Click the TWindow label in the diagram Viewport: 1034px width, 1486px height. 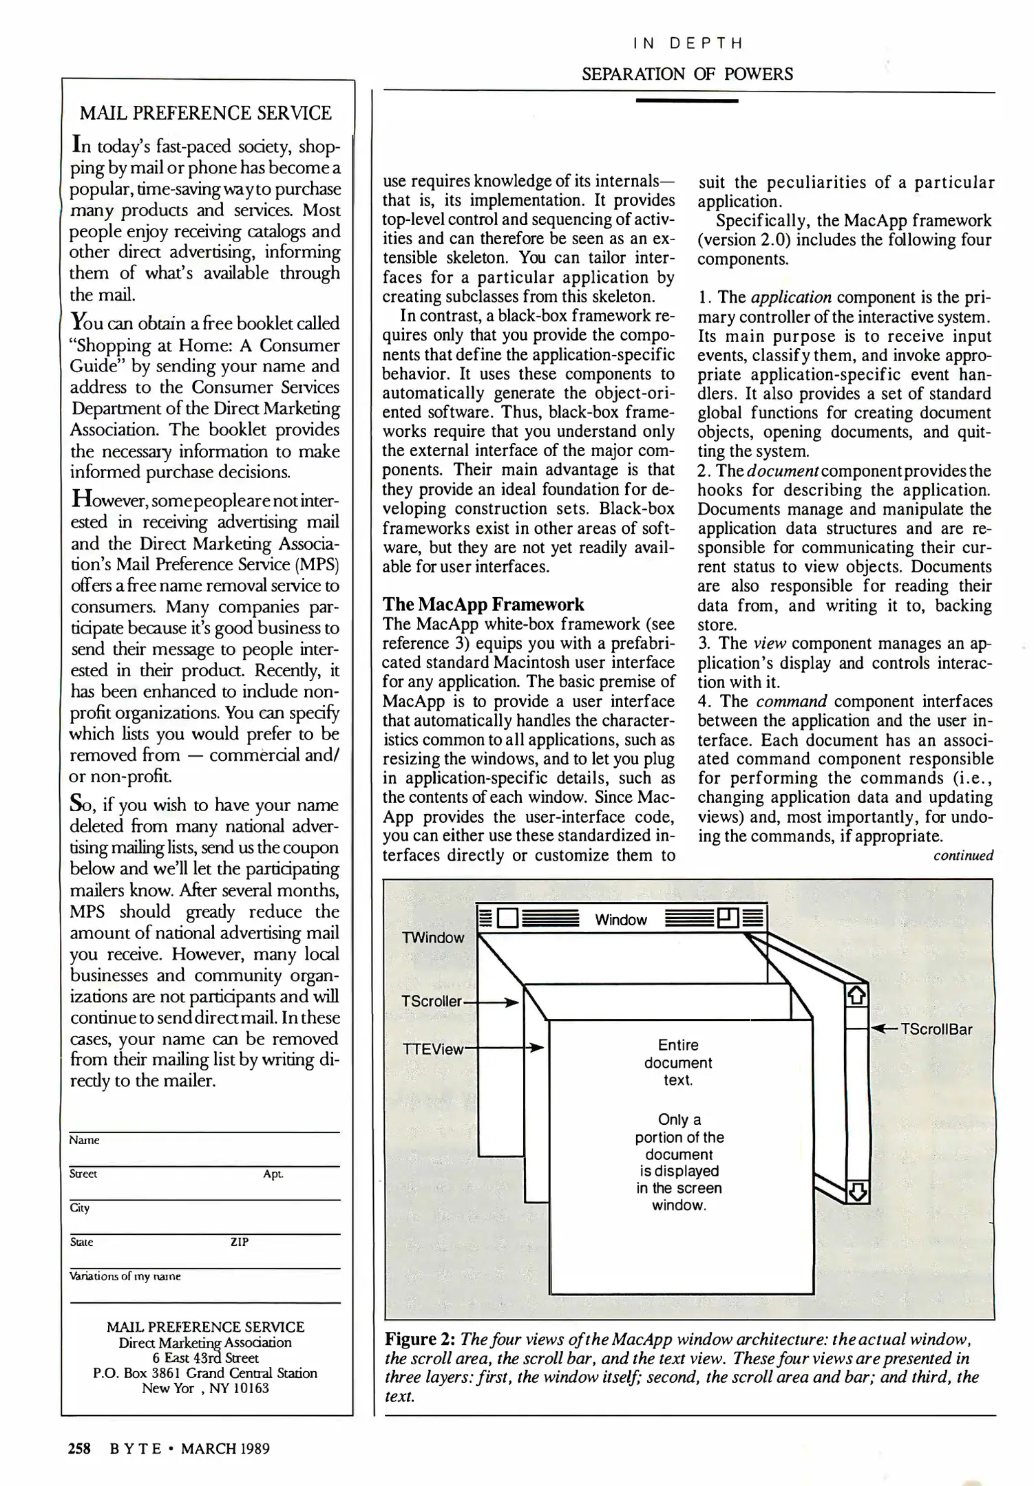tap(433, 938)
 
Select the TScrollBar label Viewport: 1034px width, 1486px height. tap(936, 1029)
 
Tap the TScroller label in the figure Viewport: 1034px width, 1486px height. tap(432, 1001)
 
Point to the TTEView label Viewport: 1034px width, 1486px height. tap(434, 1049)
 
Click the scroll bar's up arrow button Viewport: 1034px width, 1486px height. tap(856, 995)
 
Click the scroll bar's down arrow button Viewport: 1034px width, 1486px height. tap(857, 1192)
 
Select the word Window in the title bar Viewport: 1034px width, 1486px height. tap(621, 920)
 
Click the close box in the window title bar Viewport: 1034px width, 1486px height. tap(507, 919)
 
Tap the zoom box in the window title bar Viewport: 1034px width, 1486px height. tap(728, 918)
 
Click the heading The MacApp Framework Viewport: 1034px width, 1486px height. tap(483, 604)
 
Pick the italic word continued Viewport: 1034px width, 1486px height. tap(963, 856)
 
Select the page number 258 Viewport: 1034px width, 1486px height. tap(79, 1448)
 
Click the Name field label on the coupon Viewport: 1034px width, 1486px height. tap(85, 1140)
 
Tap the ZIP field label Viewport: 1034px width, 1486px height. tap(239, 1242)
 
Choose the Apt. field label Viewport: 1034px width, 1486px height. tap(273, 1174)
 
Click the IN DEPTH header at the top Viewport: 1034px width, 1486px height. tap(688, 43)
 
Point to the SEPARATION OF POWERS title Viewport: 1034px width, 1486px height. tap(687, 74)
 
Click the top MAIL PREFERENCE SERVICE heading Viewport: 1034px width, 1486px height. tap(206, 113)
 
